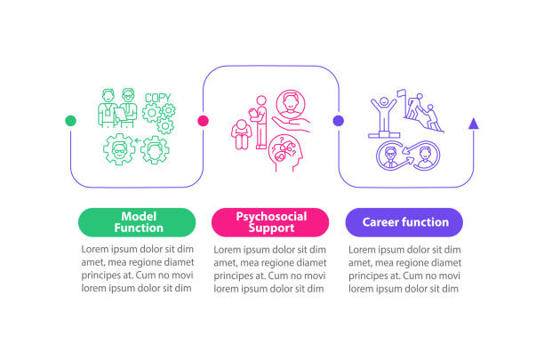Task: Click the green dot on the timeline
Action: click(70, 121)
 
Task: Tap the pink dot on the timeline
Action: click(203, 121)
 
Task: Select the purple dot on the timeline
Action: click(339, 121)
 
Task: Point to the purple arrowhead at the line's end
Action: click(474, 124)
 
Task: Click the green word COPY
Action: click(158, 98)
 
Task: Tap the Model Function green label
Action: click(137, 222)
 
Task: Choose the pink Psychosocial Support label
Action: click(270, 222)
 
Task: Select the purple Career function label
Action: click(404, 222)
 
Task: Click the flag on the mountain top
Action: click(402, 93)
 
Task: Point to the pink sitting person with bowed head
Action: click(241, 134)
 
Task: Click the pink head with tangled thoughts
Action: click(285, 153)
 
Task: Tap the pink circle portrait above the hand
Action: click(291, 104)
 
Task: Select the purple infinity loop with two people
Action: click(408, 156)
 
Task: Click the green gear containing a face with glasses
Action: click(119, 149)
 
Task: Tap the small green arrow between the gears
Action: click(138, 140)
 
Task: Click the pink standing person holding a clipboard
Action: click(260, 123)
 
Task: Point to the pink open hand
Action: click(292, 124)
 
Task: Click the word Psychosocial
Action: click(271, 217)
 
